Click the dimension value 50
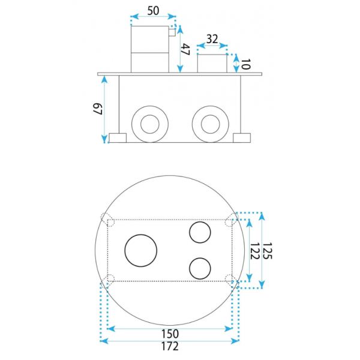153,11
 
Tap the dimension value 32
212,39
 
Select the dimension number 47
185,50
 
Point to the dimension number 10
245,64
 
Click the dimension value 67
97,109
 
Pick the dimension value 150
170,334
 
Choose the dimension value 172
170,346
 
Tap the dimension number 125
267,251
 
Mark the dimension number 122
254,251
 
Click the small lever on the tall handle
172,32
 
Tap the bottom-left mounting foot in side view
118,138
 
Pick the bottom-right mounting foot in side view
242,138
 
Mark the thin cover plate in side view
179,74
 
